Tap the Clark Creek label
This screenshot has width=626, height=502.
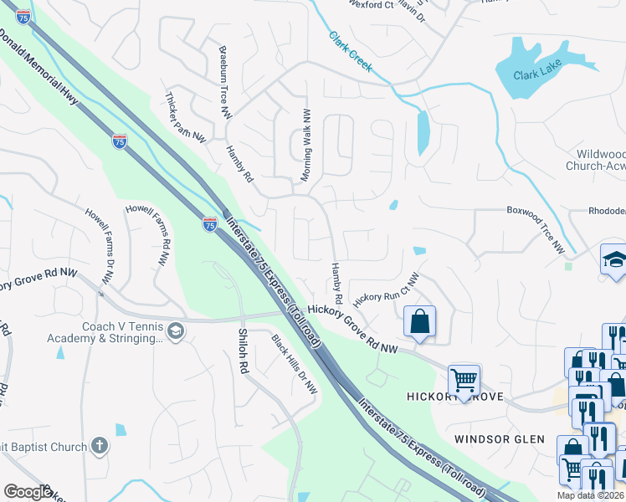pyautogui.click(x=350, y=53)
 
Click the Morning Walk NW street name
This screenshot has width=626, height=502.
pyautogui.click(x=306, y=144)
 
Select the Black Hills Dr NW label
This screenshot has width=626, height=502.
pyautogui.click(x=295, y=364)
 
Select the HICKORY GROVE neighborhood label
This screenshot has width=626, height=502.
pyautogui.click(x=455, y=396)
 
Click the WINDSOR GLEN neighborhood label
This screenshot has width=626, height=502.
pyautogui.click(x=500, y=438)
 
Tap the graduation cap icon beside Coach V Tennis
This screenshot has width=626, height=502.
pyautogui.click(x=176, y=333)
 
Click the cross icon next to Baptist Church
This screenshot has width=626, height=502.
pyautogui.click(x=100, y=446)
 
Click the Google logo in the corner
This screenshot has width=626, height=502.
pyautogui.click(x=27, y=492)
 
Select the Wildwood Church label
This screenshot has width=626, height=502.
pyautogui.click(x=601, y=160)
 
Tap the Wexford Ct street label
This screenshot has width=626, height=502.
pyautogui.click(x=371, y=5)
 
